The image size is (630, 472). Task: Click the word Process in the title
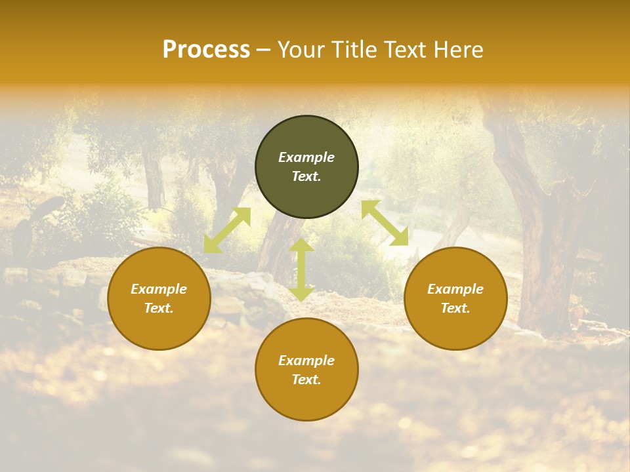point(206,50)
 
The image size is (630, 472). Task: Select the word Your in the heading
point(300,50)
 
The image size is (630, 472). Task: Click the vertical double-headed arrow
point(301,269)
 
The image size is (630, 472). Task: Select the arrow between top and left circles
point(227,230)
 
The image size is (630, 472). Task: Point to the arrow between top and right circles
point(385,224)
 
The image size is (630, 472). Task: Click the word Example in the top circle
point(306,157)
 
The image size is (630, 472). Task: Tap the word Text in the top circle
point(306,176)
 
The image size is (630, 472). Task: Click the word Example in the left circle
point(159,289)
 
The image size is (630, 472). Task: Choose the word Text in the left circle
point(158,308)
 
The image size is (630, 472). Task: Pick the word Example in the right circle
point(455,289)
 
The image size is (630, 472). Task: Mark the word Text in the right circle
point(455,308)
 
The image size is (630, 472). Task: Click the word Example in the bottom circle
point(306,361)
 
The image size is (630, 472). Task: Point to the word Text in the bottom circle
point(306,380)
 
